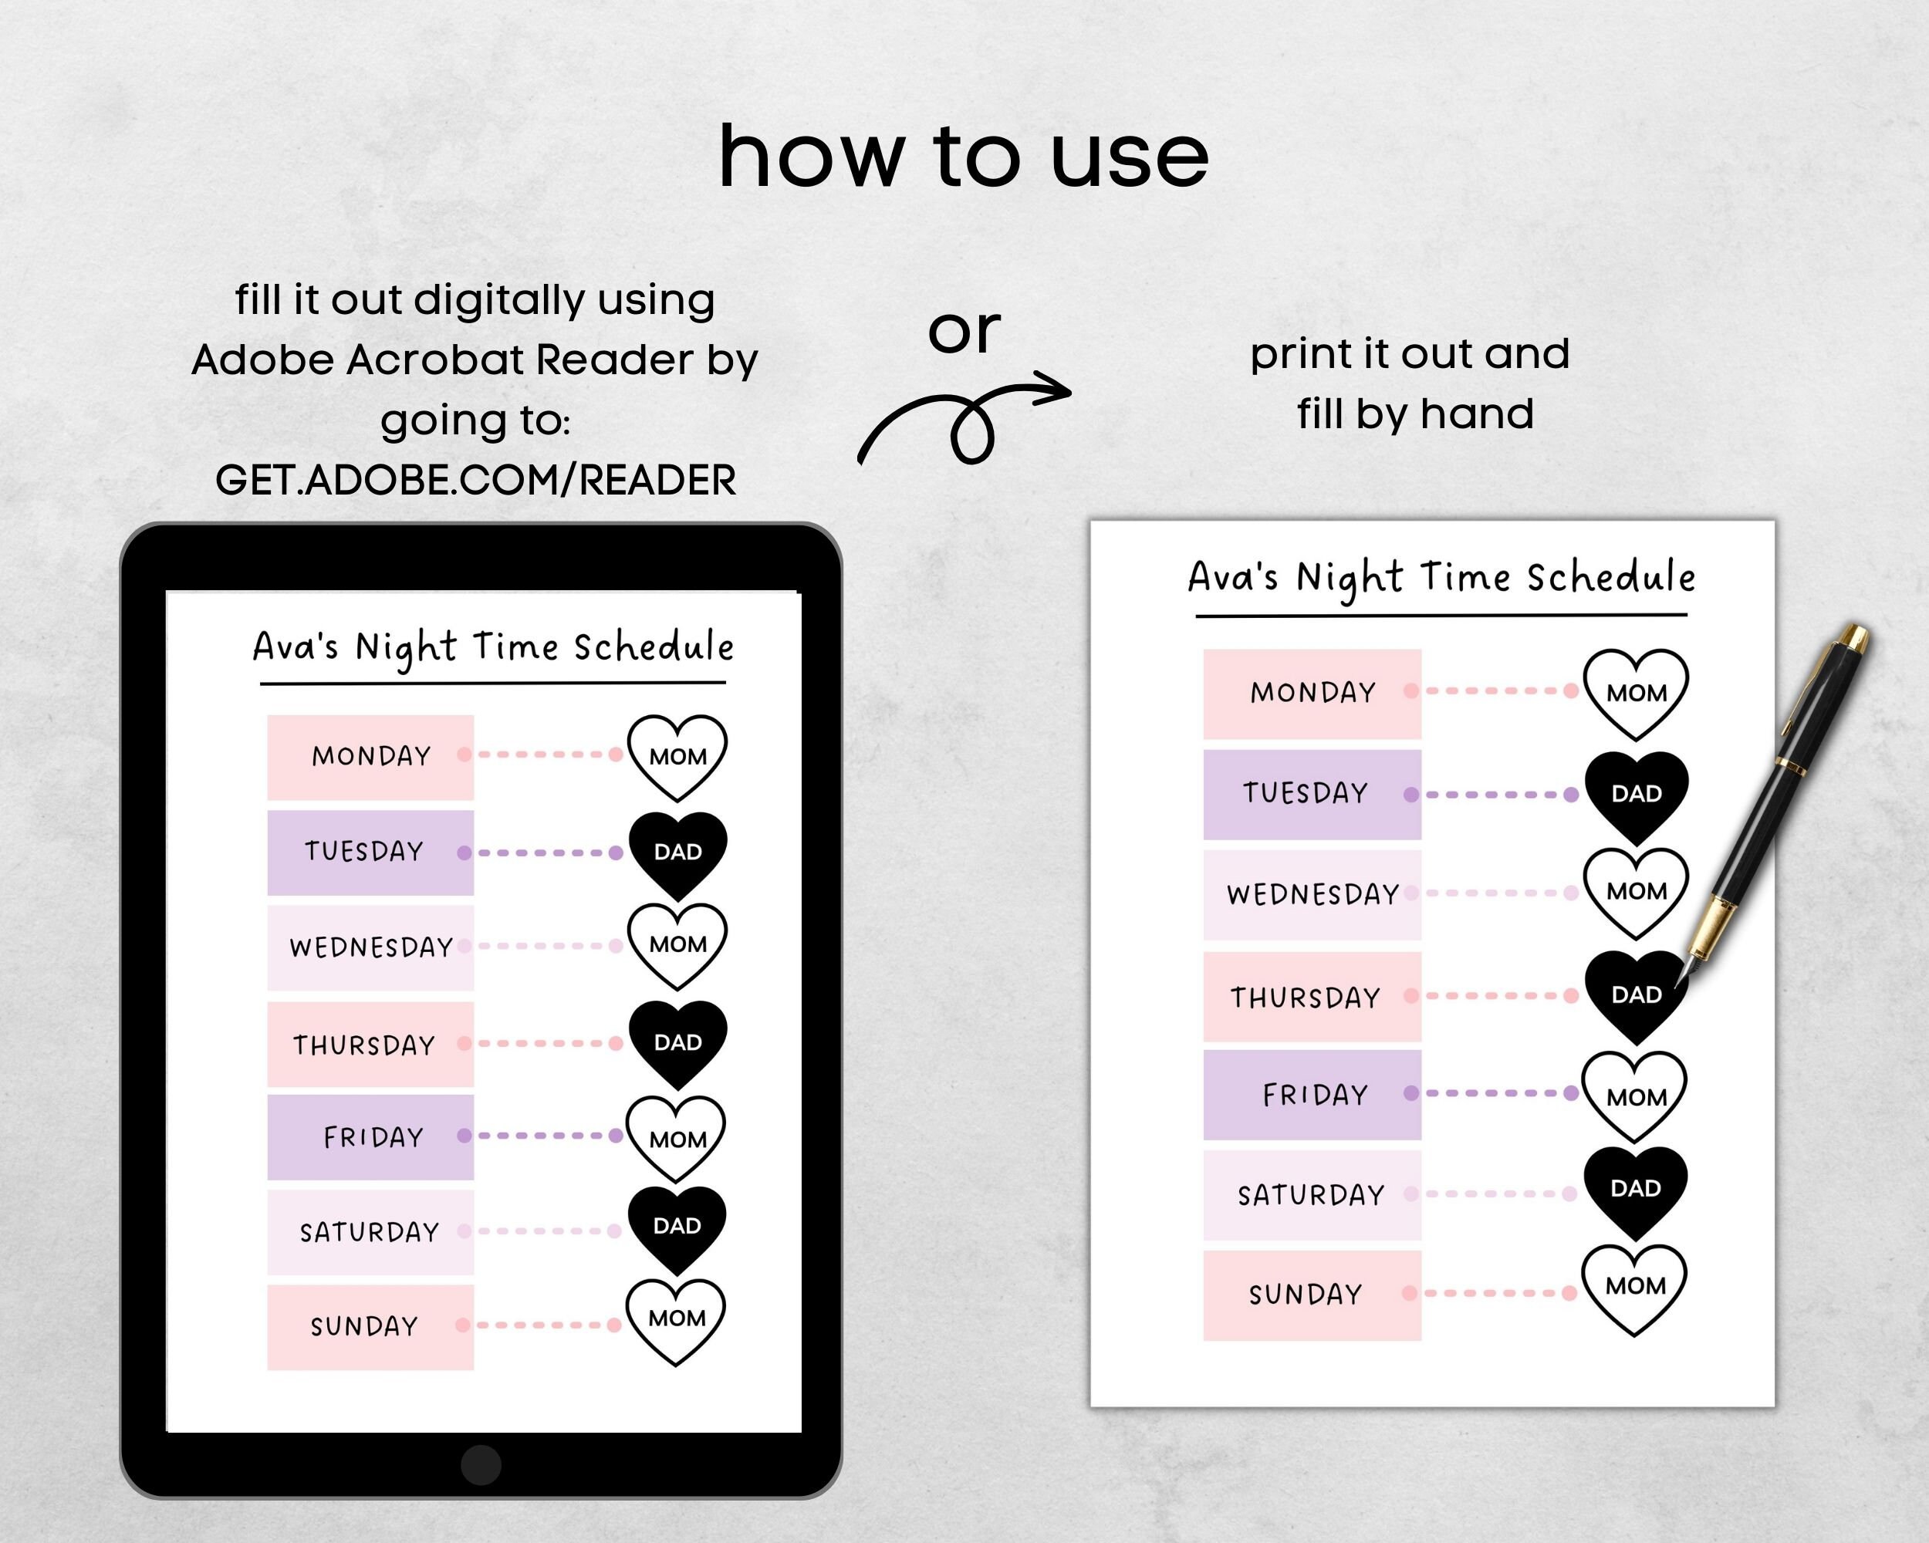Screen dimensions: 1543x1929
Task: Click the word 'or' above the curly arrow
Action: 964,332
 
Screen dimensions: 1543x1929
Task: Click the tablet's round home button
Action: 481,1464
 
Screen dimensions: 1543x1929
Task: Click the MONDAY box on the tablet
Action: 370,757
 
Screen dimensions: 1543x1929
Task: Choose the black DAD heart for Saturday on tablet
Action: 677,1227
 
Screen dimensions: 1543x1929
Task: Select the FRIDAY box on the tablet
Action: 370,1137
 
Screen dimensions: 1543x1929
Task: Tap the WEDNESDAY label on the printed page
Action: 1312,894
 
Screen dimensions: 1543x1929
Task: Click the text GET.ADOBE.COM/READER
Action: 475,481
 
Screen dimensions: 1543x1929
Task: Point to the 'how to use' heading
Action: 963,157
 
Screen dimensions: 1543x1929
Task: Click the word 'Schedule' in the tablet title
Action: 653,647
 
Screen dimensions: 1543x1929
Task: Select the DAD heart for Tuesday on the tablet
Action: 677,852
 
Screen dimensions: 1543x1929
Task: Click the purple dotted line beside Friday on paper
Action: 1499,1093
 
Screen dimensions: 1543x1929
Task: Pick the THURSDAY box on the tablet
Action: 370,1044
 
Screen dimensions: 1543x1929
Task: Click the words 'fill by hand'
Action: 1414,414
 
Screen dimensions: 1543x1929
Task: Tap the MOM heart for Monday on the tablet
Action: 677,756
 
